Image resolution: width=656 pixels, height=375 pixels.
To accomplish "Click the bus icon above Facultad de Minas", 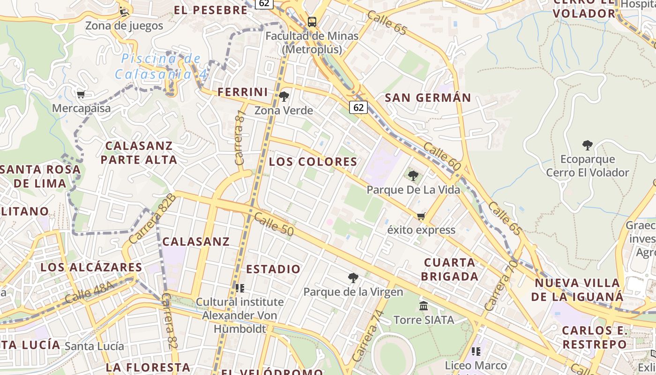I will coord(312,22).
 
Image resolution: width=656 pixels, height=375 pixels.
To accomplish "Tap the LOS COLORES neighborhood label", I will coord(313,162).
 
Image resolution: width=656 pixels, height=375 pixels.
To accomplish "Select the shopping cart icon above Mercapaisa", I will coord(81,95).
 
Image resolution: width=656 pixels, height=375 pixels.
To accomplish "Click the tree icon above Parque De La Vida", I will coord(413,176).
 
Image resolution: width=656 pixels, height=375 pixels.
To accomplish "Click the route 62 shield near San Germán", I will coord(358,107).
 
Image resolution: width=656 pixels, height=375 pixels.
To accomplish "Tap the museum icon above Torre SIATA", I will coord(424,306).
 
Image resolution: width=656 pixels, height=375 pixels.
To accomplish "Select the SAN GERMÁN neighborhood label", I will coord(428,98).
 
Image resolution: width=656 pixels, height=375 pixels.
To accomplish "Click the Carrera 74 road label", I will coord(370,336).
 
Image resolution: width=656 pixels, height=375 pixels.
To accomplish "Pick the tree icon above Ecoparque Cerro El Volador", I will coord(587,145).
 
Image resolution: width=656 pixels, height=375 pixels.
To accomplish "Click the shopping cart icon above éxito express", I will coord(421,216).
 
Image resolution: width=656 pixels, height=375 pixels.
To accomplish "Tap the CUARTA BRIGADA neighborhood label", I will coord(449,269).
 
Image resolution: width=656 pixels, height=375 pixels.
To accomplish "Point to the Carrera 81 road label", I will coord(240,137).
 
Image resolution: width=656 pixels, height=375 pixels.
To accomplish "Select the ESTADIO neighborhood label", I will coord(273,269).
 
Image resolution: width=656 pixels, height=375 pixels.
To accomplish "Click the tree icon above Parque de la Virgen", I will coord(353,278).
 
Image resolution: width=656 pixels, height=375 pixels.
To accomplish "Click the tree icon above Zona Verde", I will coord(283,97).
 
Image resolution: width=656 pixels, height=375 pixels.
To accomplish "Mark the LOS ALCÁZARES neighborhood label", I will coord(91,267).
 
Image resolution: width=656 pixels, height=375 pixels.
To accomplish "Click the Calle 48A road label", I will coord(90,292).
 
